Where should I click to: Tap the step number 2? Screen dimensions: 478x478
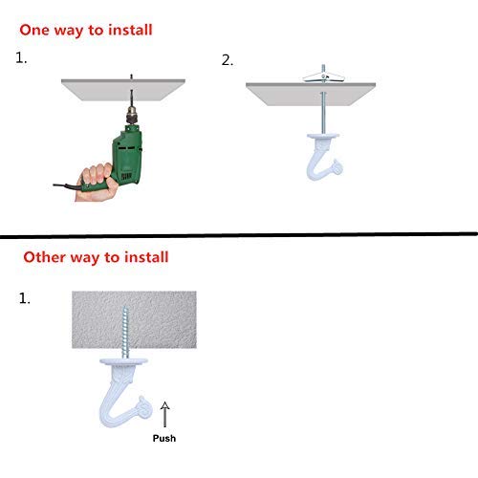(227, 59)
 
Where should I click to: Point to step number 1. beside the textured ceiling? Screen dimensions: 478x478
(24, 299)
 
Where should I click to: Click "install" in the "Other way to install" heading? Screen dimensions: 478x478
(141, 256)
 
